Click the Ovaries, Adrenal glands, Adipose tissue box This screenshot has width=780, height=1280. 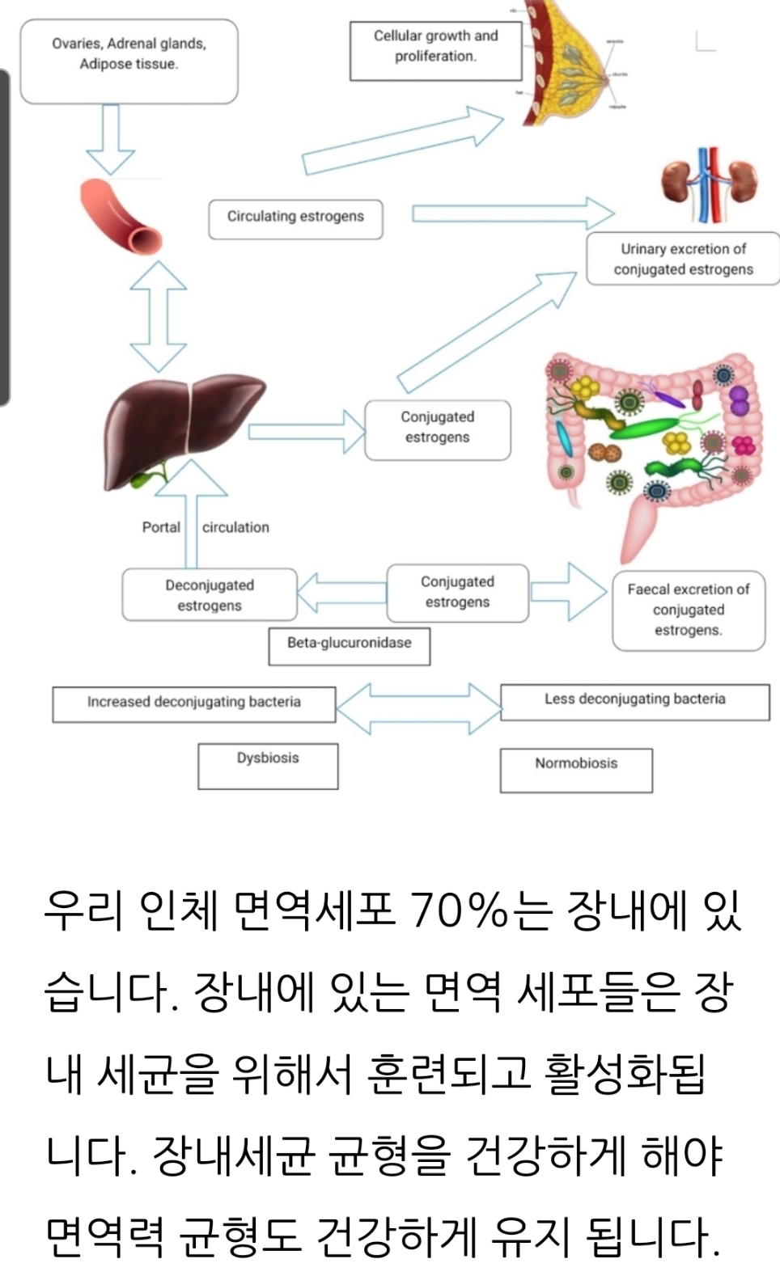[x=129, y=61]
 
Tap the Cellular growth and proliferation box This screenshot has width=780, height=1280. [x=435, y=50]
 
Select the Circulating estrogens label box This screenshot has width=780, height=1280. [x=295, y=219]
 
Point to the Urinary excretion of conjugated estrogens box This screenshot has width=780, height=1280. [x=683, y=259]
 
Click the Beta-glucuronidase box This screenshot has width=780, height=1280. [x=349, y=645]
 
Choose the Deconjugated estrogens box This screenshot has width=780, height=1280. [x=210, y=595]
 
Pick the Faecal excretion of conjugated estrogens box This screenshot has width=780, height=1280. [x=689, y=610]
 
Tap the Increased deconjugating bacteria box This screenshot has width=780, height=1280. [x=194, y=703]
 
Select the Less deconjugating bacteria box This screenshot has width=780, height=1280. [x=634, y=701]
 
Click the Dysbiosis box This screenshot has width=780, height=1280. [x=268, y=765]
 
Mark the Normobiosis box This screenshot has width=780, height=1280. [x=576, y=769]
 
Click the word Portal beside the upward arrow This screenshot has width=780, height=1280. [x=161, y=527]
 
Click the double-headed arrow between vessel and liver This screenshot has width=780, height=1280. [x=159, y=316]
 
